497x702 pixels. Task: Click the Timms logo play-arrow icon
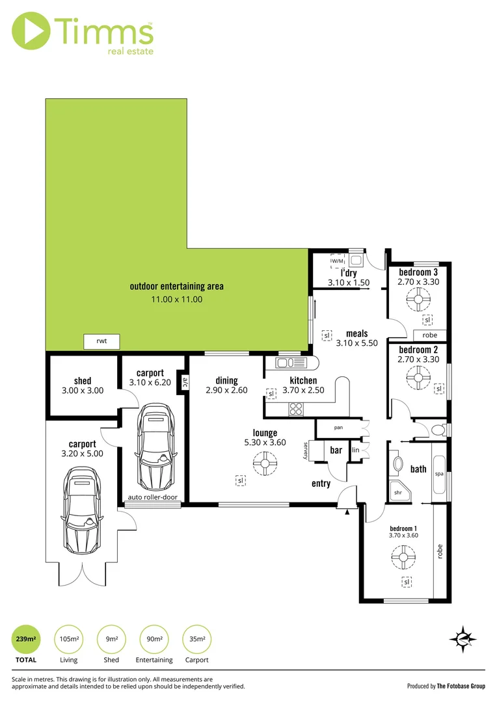[31, 32]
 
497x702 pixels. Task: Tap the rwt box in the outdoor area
[101, 341]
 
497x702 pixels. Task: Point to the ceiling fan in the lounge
[265, 463]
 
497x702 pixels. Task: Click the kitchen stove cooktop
[296, 409]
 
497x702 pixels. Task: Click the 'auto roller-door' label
[153, 497]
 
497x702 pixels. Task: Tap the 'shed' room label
[83, 381]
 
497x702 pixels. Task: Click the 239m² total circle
[27, 640]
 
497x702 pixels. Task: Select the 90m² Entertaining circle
[154, 640]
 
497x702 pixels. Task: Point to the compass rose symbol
[463, 640]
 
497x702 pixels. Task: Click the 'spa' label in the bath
[439, 474]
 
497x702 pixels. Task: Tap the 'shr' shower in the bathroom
[397, 492]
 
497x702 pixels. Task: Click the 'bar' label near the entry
[336, 450]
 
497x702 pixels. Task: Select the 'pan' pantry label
[338, 428]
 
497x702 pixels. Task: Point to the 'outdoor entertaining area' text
[176, 286]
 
